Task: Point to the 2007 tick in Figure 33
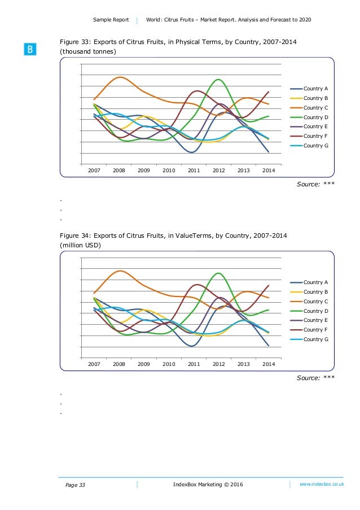(x=94, y=169)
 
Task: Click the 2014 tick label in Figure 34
(x=269, y=364)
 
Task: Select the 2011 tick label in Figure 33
(x=194, y=169)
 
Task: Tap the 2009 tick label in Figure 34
(x=143, y=364)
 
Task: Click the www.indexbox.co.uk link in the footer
(x=322, y=485)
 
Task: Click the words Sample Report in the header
(x=111, y=20)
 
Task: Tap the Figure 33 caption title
(x=179, y=42)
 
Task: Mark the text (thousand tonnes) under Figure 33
(x=88, y=52)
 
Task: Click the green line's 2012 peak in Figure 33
(x=218, y=80)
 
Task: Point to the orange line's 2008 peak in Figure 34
(x=120, y=271)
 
